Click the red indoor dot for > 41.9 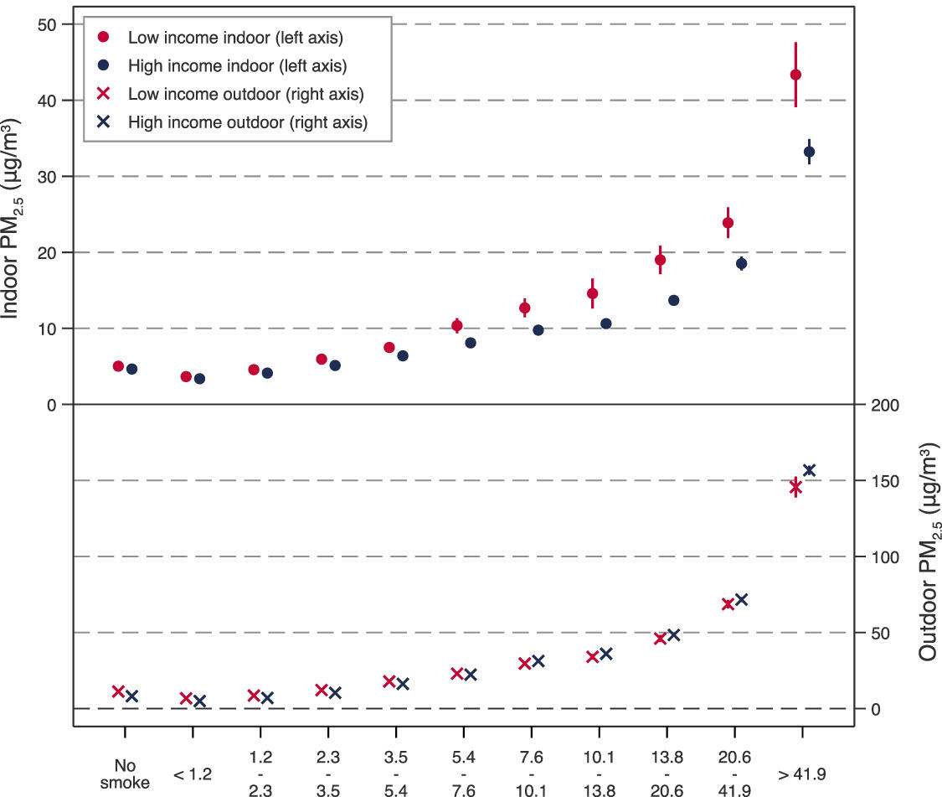[x=795, y=75]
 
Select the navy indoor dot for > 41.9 [x=809, y=152]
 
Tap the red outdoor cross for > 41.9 [x=795, y=488]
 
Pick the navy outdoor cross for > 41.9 [x=809, y=470]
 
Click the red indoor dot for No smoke [x=118, y=366]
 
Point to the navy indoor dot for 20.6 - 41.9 [x=741, y=263]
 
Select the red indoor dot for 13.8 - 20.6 [x=660, y=260]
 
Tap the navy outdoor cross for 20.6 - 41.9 [x=741, y=599]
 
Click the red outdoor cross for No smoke [x=118, y=691]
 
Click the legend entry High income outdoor [x=247, y=122]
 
